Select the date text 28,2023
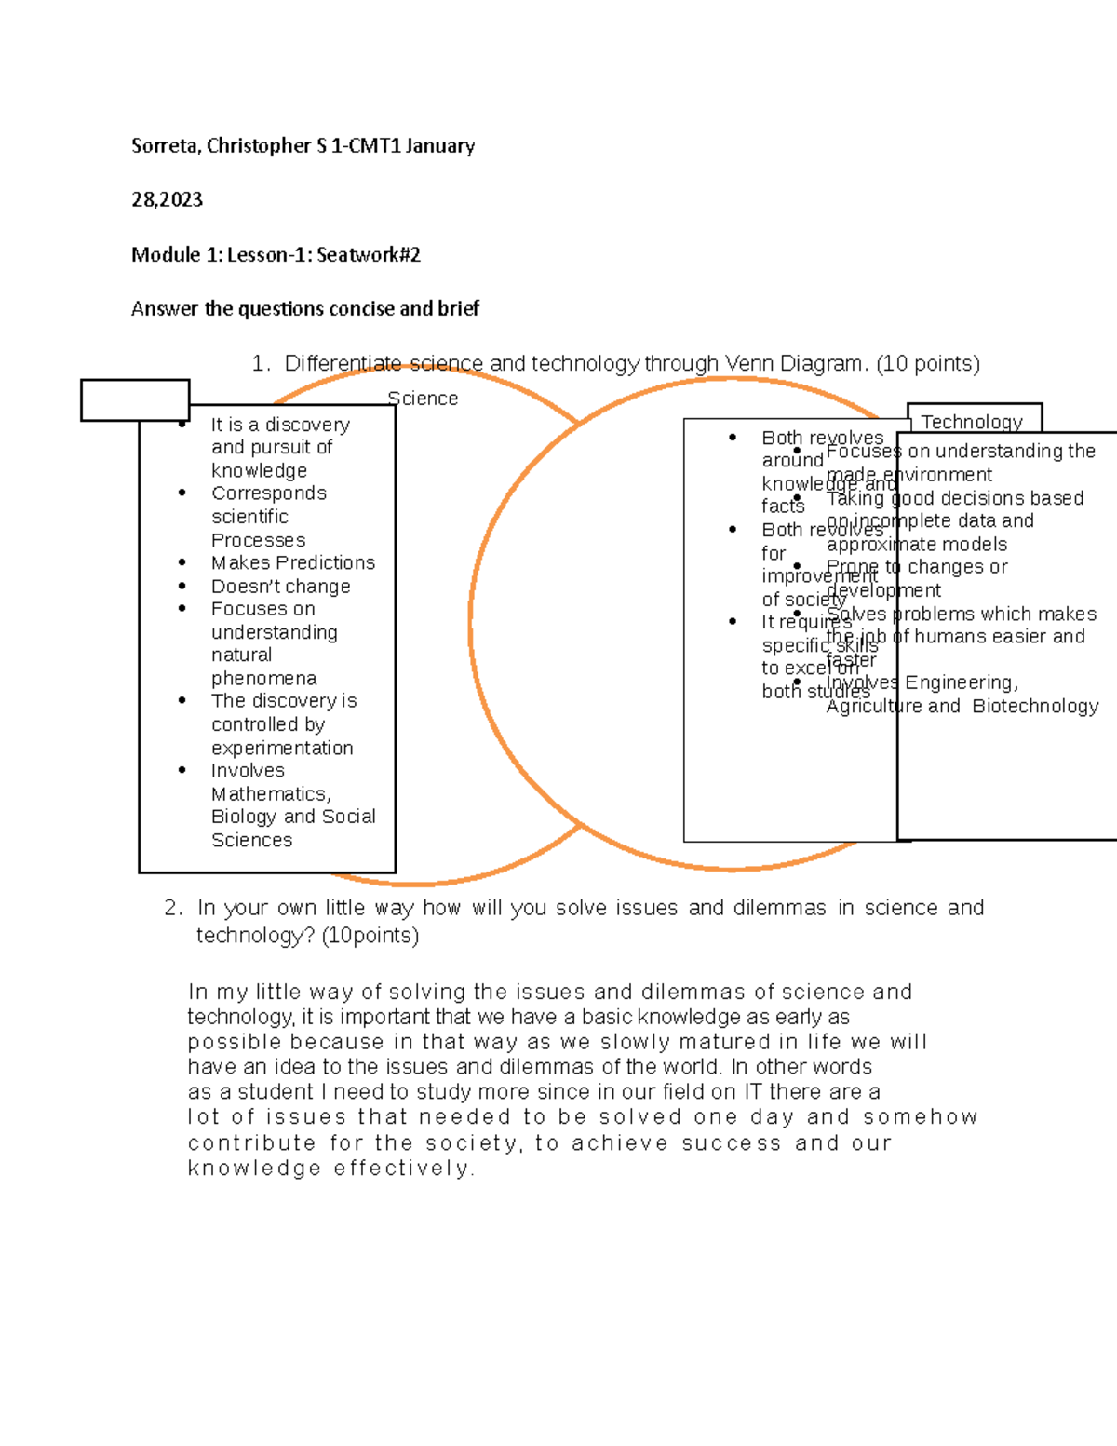pyautogui.click(x=167, y=200)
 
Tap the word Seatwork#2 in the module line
pyautogui.click(x=369, y=255)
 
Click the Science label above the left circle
pyautogui.click(x=423, y=399)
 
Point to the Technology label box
pyautogui.click(x=973, y=420)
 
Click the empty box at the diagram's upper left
pyautogui.click(x=135, y=400)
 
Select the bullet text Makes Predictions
pyautogui.click(x=293, y=562)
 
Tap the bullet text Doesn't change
pyautogui.click(x=281, y=587)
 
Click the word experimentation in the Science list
pyautogui.click(x=282, y=748)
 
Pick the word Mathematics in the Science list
pyautogui.click(x=270, y=794)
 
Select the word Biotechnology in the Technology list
pyautogui.click(x=1035, y=706)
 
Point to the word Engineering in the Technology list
pyautogui.click(x=961, y=682)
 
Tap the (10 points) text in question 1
pyautogui.click(x=928, y=363)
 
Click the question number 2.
pyautogui.click(x=172, y=908)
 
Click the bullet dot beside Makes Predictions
pyautogui.click(x=182, y=562)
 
